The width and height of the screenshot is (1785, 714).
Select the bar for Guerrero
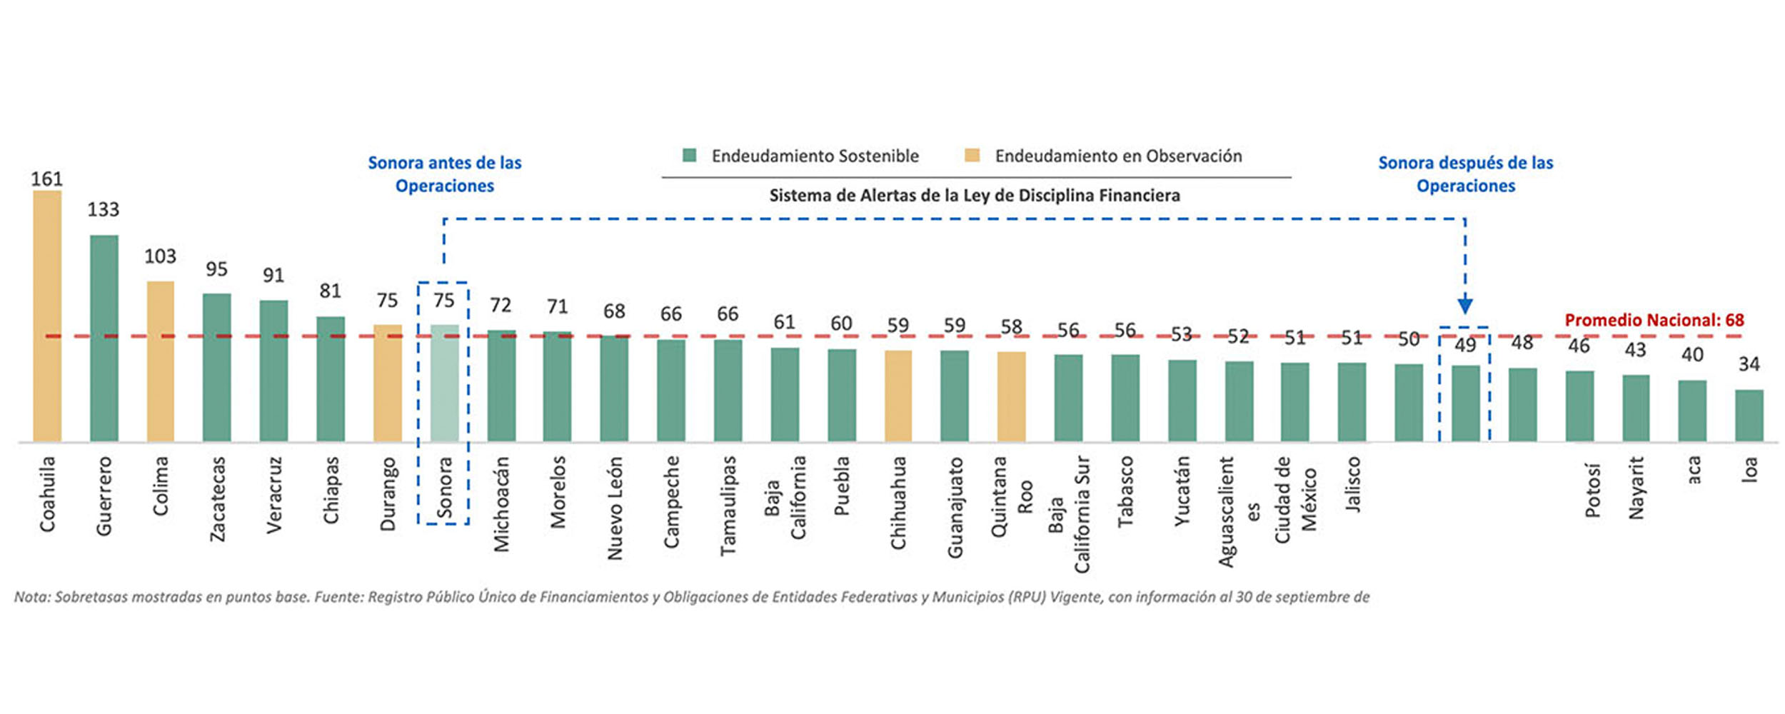coord(104,338)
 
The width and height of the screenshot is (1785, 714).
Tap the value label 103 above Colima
coord(160,256)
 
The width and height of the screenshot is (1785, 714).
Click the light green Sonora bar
coord(444,383)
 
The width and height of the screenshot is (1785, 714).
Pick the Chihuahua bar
coord(898,396)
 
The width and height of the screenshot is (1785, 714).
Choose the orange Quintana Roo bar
coord(1011,396)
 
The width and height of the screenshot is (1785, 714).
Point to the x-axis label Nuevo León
coord(614,508)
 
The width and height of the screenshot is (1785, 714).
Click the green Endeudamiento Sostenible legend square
coord(689,156)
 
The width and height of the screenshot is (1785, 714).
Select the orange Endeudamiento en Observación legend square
coord(972,156)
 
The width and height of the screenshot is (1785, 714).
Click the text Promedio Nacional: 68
coord(1654,320)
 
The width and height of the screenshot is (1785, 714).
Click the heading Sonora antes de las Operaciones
coord(445,174)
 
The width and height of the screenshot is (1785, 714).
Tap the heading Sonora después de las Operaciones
coord(1465,174)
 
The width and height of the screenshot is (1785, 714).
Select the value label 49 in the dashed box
coord(1465,346)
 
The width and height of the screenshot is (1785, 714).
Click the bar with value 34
coord(1749,416)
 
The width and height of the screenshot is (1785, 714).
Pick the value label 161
coord(47,179)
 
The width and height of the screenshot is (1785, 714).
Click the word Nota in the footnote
coord(31,597)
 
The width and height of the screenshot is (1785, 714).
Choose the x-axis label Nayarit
coord(1636,488)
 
